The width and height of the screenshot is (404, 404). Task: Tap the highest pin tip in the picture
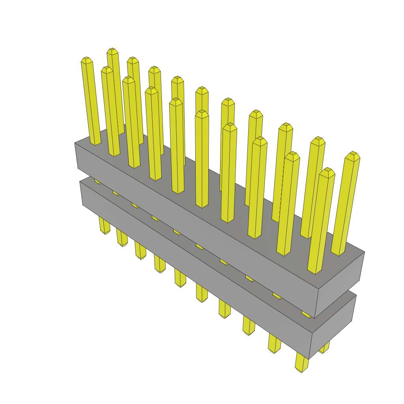(112, 51)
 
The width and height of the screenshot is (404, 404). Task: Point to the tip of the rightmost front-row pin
(327, 172)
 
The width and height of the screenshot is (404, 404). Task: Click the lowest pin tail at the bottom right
(301, 365)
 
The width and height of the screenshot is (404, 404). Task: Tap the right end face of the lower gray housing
(333, 326)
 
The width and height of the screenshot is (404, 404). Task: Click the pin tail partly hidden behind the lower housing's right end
(325, 348)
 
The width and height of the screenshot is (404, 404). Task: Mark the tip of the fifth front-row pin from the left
(176, 102)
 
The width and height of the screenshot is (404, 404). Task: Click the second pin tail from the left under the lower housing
(122, 241)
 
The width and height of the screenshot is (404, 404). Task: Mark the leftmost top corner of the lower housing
(80, 181)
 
